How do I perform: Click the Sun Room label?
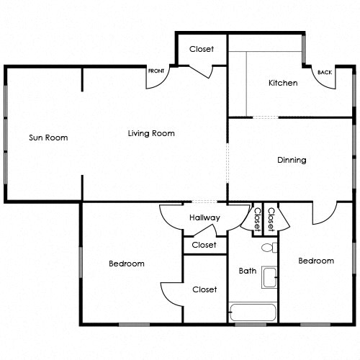pos(48,138)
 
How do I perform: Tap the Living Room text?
pos(151,133)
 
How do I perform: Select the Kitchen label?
pos(283,83)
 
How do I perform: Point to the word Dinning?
pos(292,160)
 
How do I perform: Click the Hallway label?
pos(204,217)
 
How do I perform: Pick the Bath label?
pos(248,271)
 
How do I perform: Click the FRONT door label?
pos(156,71)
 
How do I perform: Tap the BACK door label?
pos(325,73)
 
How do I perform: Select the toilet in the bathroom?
pos(268,248)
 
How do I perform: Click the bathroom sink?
pos(270,277)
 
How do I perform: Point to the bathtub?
pos(253,313)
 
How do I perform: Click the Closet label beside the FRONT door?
pos(202,49)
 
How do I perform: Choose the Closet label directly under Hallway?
pos(204,245)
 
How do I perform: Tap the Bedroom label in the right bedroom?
pos(316,261)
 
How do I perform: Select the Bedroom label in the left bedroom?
pos(127,264)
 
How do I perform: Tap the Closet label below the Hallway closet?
pos(204,289)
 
